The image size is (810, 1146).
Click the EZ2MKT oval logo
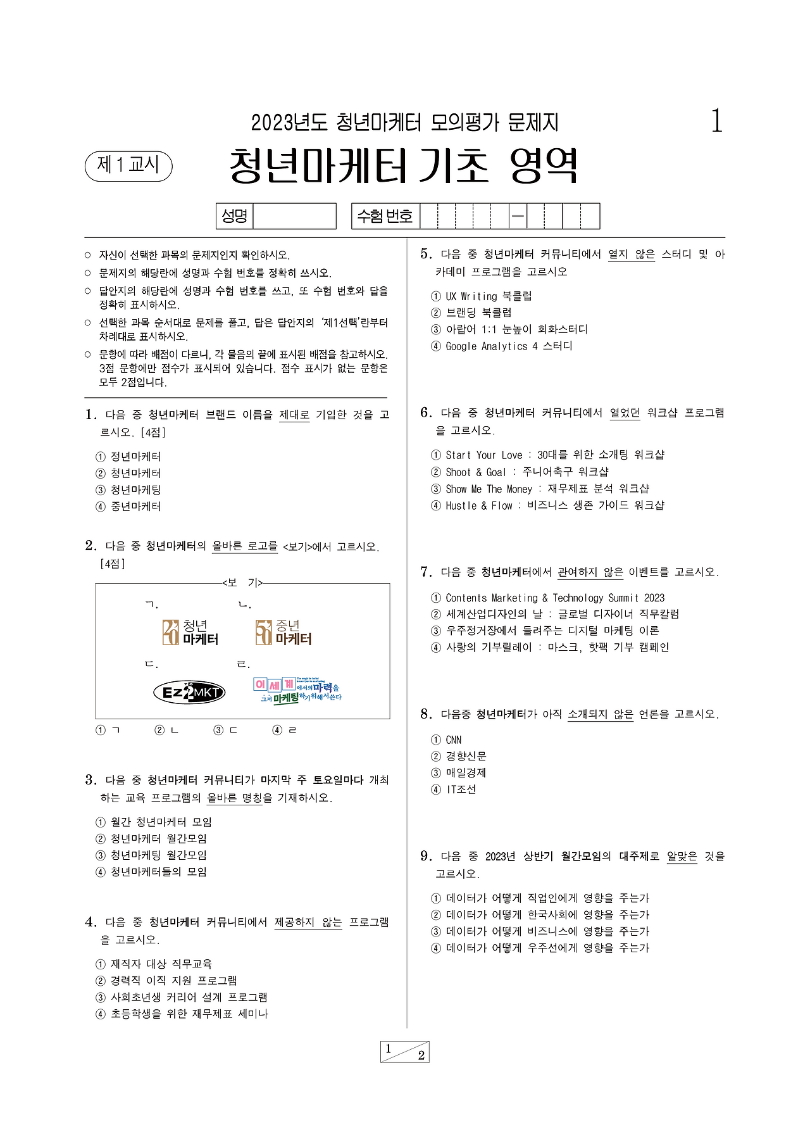[x=189, y=692]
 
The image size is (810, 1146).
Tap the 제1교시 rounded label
[x=128, y=166]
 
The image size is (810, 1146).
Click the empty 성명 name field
[x=294, y=217]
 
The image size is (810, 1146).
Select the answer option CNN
[x=453, y=740]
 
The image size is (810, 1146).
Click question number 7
[x=426, y=572]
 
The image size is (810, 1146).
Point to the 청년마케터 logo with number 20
[x=190, y=632]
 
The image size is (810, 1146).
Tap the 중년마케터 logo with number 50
[x=283, y=632]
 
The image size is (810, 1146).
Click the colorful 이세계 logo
[x=297, y=690]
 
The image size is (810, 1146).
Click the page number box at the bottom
[x=405, y=1052]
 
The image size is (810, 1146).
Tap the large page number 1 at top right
[x=716, y=121]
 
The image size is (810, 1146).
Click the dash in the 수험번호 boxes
[x=518, y=217]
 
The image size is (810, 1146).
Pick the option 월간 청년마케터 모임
[x=161, y=822]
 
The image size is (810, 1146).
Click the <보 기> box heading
[x=242, y=582]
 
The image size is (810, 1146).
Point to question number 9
[x=426, y=857]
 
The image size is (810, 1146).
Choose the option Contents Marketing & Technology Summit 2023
[x=554, y=598]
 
